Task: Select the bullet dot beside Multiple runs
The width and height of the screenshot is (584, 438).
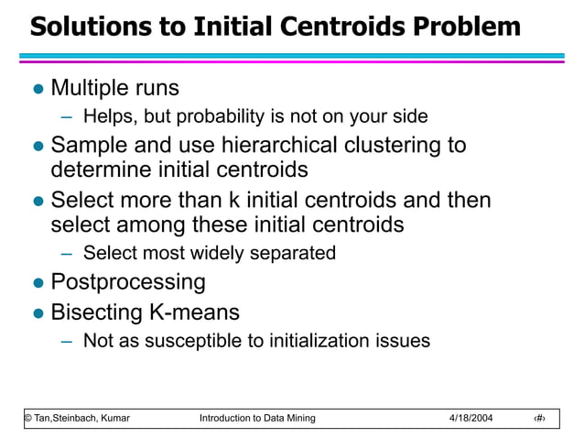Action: click(38, 90)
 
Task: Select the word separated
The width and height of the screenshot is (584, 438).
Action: click(296, 253)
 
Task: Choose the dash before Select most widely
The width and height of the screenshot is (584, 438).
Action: click(66, 254)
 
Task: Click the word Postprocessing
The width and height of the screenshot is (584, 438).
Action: click(128, 281)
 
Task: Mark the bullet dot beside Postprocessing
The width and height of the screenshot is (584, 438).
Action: click(38, 283)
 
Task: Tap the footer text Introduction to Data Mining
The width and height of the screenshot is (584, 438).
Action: click(256, 418)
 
